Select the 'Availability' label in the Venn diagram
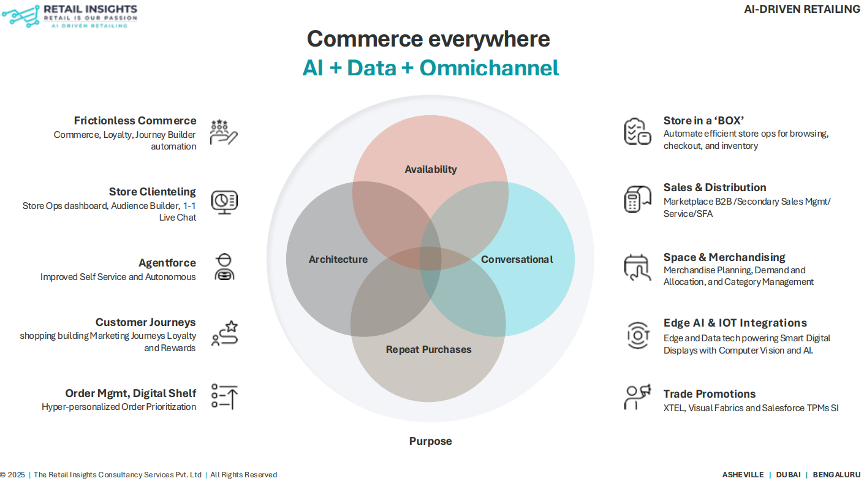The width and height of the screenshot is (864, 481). point(431,169)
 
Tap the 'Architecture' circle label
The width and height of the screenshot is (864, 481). point(338,259)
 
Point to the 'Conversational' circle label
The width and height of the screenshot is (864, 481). point(517,259)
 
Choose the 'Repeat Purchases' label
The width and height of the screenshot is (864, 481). point(428,349)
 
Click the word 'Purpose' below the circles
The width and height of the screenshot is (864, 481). point(430,441)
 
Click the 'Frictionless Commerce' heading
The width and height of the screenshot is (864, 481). point(135,121)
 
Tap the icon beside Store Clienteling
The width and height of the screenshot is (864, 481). point(224,202)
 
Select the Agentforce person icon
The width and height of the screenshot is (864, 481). point(224,267)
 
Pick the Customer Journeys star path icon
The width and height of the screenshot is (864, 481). point(224,333)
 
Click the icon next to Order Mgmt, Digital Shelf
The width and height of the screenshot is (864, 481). point(224,396)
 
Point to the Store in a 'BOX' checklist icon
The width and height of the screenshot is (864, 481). point(637,131)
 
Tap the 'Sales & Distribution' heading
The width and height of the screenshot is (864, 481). point(714,187)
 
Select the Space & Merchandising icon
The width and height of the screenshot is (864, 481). point(637,268)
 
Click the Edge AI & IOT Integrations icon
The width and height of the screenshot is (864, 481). point(637,335)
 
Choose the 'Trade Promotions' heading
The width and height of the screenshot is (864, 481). point(709,394)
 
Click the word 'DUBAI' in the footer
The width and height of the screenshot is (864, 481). point(788,475)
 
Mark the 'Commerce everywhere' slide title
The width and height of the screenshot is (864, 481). point(428,39)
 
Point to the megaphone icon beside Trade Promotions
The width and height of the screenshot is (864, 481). point(637,396)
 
